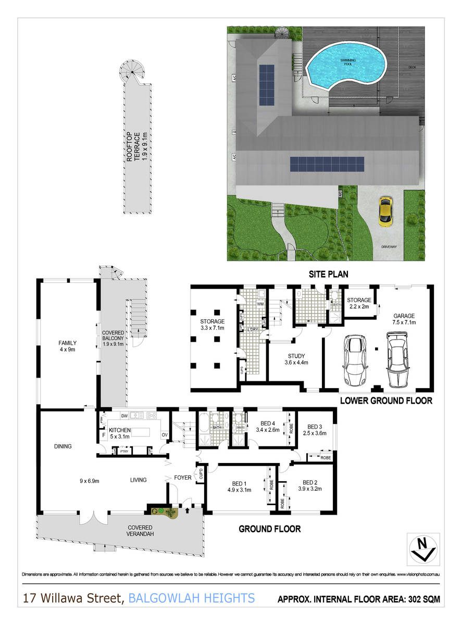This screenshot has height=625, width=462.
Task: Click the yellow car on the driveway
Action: coord(385,211)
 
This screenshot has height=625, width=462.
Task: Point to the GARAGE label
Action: coord(404,316)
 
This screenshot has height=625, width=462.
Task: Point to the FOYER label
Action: coord(182,477)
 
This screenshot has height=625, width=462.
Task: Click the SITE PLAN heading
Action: coord(328,273)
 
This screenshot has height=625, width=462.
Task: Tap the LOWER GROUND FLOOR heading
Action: coord(386,401)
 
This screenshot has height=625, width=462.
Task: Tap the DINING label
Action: coord(62,446)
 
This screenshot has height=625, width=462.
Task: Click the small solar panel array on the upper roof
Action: coord(266,84)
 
